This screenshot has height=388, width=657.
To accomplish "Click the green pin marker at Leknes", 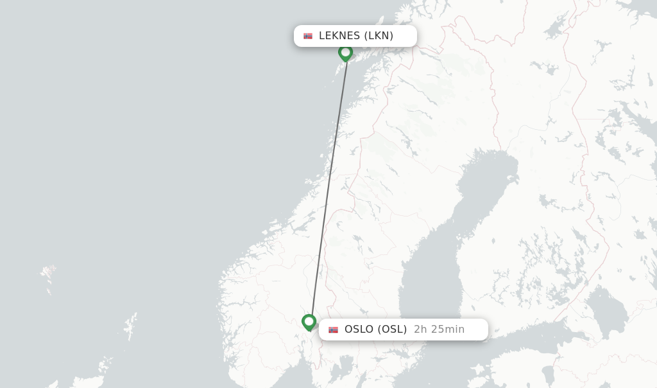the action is coord(346,52).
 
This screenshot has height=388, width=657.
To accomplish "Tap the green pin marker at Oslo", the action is coord(309,321).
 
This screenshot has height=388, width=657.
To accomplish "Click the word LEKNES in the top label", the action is coord(339,36).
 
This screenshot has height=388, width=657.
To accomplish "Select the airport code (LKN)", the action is coord(379,36).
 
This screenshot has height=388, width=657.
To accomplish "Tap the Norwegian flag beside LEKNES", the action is coord(308,36).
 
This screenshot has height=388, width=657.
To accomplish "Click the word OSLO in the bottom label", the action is coord(359,330).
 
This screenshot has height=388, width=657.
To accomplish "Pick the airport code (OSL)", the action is coord(392,330).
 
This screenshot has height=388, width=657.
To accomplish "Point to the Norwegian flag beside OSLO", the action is coord(333,330).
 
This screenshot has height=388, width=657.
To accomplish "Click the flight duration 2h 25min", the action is coord(439,330).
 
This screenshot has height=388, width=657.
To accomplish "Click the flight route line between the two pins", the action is coord(328,186).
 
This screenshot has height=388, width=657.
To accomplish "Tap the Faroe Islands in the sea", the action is coord(48,275).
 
